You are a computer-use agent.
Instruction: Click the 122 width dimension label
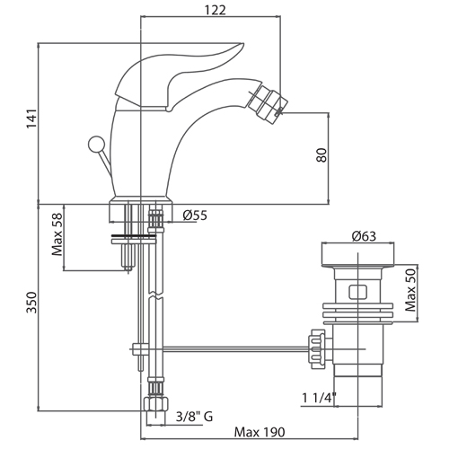tap(215, 10)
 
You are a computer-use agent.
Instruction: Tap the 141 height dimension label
tap(31, 119)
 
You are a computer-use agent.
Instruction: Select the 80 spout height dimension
tap(321, 154)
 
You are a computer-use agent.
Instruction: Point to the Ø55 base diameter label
tap(195, 216)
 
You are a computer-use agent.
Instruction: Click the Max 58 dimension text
tap(57, 234)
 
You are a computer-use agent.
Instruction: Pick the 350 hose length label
tap(31, 303)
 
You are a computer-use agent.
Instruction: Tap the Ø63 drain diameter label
tap(364, 236)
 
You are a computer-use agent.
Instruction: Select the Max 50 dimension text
tap(410, 290)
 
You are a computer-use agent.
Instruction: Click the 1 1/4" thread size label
tap(319, 398)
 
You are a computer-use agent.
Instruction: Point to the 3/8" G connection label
tap(194, 417)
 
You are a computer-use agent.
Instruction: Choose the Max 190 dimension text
tap(260, 432)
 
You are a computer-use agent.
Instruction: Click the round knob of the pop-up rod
tap(96, 144)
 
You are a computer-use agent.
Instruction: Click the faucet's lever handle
tap(180, 75)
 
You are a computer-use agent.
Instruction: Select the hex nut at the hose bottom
tap(156, 405)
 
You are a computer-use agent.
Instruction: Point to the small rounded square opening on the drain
tap(357, 292)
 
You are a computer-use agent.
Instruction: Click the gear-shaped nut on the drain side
tap(316, 349)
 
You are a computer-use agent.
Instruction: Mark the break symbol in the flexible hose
tap(156, 295)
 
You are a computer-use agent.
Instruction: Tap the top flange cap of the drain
tap(358, 255)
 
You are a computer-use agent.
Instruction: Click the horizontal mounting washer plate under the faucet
tap(134, 239)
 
